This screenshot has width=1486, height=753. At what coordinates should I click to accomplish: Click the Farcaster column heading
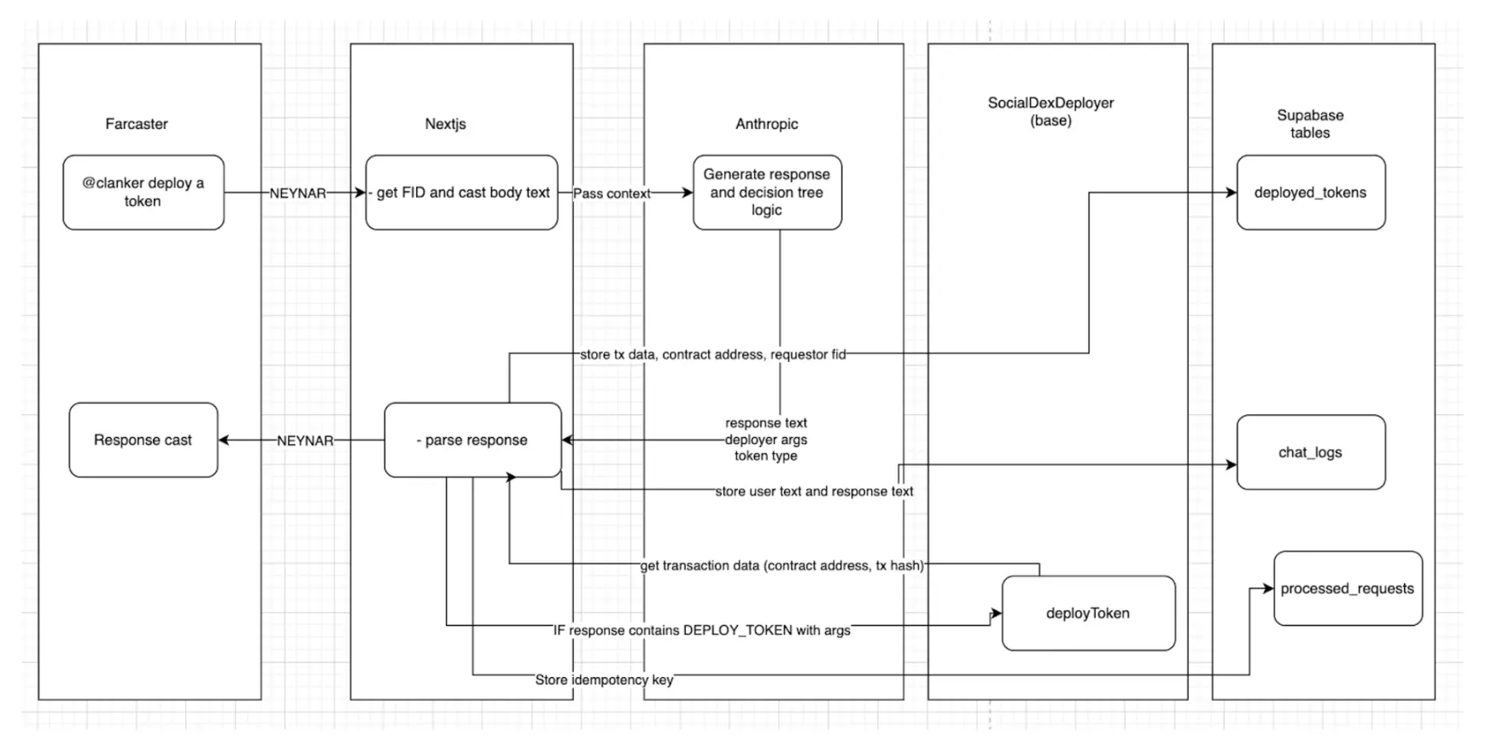click(137, 124)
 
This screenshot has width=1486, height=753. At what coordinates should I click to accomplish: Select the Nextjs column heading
click(445, 124)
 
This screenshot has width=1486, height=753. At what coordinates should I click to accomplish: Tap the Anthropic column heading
click(767, 124)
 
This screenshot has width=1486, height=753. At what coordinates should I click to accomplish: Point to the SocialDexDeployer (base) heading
click(1050, 112)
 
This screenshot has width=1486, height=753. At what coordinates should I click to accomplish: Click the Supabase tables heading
click(1310, 124)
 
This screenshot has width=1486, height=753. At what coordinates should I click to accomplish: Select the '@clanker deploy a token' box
click(143, 192)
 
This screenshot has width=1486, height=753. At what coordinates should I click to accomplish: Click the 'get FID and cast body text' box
click(462, 192)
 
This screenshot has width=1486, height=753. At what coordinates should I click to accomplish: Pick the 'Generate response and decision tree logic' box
click(767, 192)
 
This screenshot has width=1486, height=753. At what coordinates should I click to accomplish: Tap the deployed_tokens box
click(1310, 192)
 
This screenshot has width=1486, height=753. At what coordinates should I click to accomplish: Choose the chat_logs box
click(1310, 452)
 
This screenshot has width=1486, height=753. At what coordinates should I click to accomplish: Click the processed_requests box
click(1347, 588)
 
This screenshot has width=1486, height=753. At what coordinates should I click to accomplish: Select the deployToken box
click(1088, 613)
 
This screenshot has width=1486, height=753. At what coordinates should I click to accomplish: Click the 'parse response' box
click(473, 440)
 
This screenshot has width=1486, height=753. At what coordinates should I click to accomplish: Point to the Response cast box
click(143, 440)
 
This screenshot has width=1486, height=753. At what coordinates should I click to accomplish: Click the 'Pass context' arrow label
click(611, 194)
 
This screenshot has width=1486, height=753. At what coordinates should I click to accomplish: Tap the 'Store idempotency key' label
click(604, 680)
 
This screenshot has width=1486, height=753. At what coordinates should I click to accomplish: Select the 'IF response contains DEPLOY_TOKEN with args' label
click(702, 630)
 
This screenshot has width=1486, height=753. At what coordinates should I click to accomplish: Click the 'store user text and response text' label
click(814, 491)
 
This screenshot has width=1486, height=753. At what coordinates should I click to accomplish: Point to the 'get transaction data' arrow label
click(782, 565)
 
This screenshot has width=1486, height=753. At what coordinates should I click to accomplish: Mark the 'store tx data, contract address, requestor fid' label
click(713, 354)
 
